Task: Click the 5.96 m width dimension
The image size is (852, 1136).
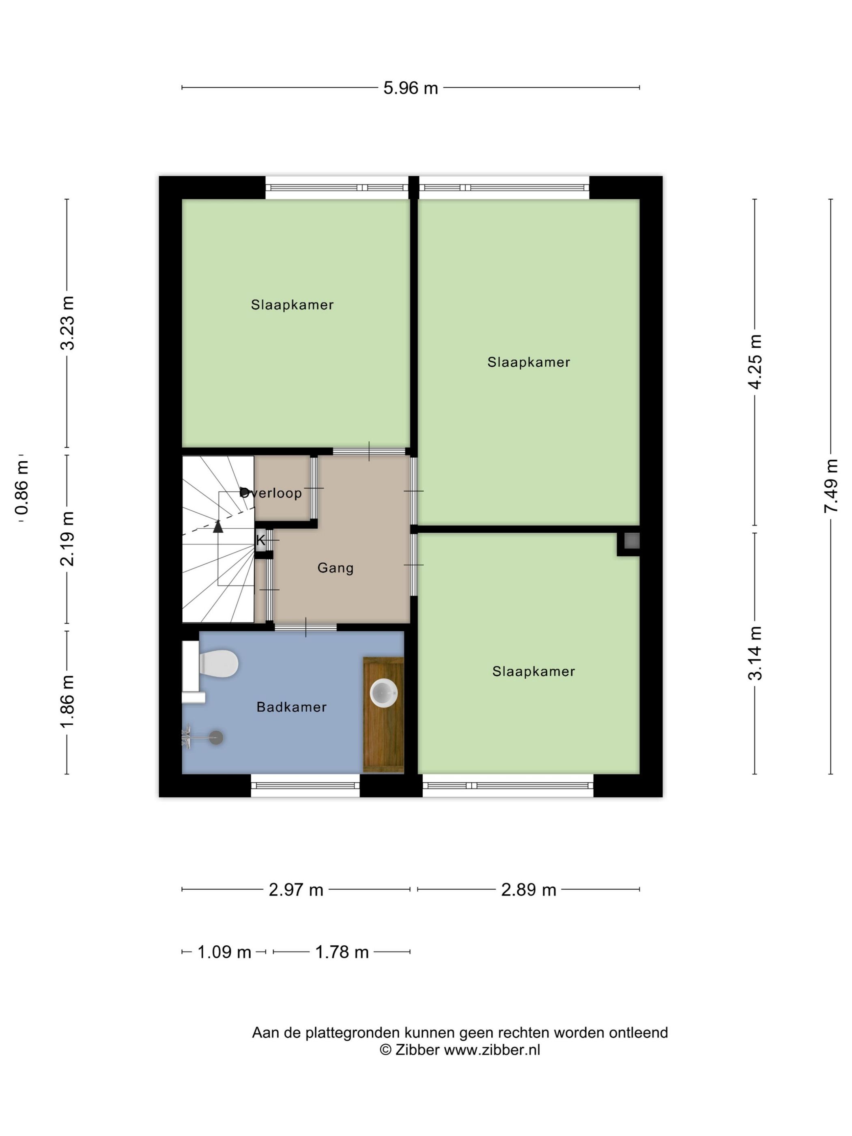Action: (x=410, y=88)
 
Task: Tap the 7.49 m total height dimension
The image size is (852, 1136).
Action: (x=830, y=485)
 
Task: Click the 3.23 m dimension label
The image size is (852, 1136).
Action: (x=67, y=323)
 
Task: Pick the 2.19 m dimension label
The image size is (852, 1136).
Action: (x=67, y=539)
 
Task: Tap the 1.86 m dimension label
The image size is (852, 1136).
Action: (x=67, y=701)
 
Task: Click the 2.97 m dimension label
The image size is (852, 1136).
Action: (x=296, y=889)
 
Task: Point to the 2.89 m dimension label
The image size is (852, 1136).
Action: (x=529, y=889)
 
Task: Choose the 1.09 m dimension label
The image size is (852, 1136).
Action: (x=224, y=952)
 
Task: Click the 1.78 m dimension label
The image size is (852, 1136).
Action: (x=342, y=952)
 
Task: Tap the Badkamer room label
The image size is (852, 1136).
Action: (x=292, y=707)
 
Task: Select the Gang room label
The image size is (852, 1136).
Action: (x=336, y=568)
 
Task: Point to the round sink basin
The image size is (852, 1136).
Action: (x=384, y=693)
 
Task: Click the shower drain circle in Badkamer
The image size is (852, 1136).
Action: (x=216, y=738)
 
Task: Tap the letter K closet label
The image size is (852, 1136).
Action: (x=260, y=540)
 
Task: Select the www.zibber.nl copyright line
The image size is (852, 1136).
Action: (x=460, y=1050)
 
